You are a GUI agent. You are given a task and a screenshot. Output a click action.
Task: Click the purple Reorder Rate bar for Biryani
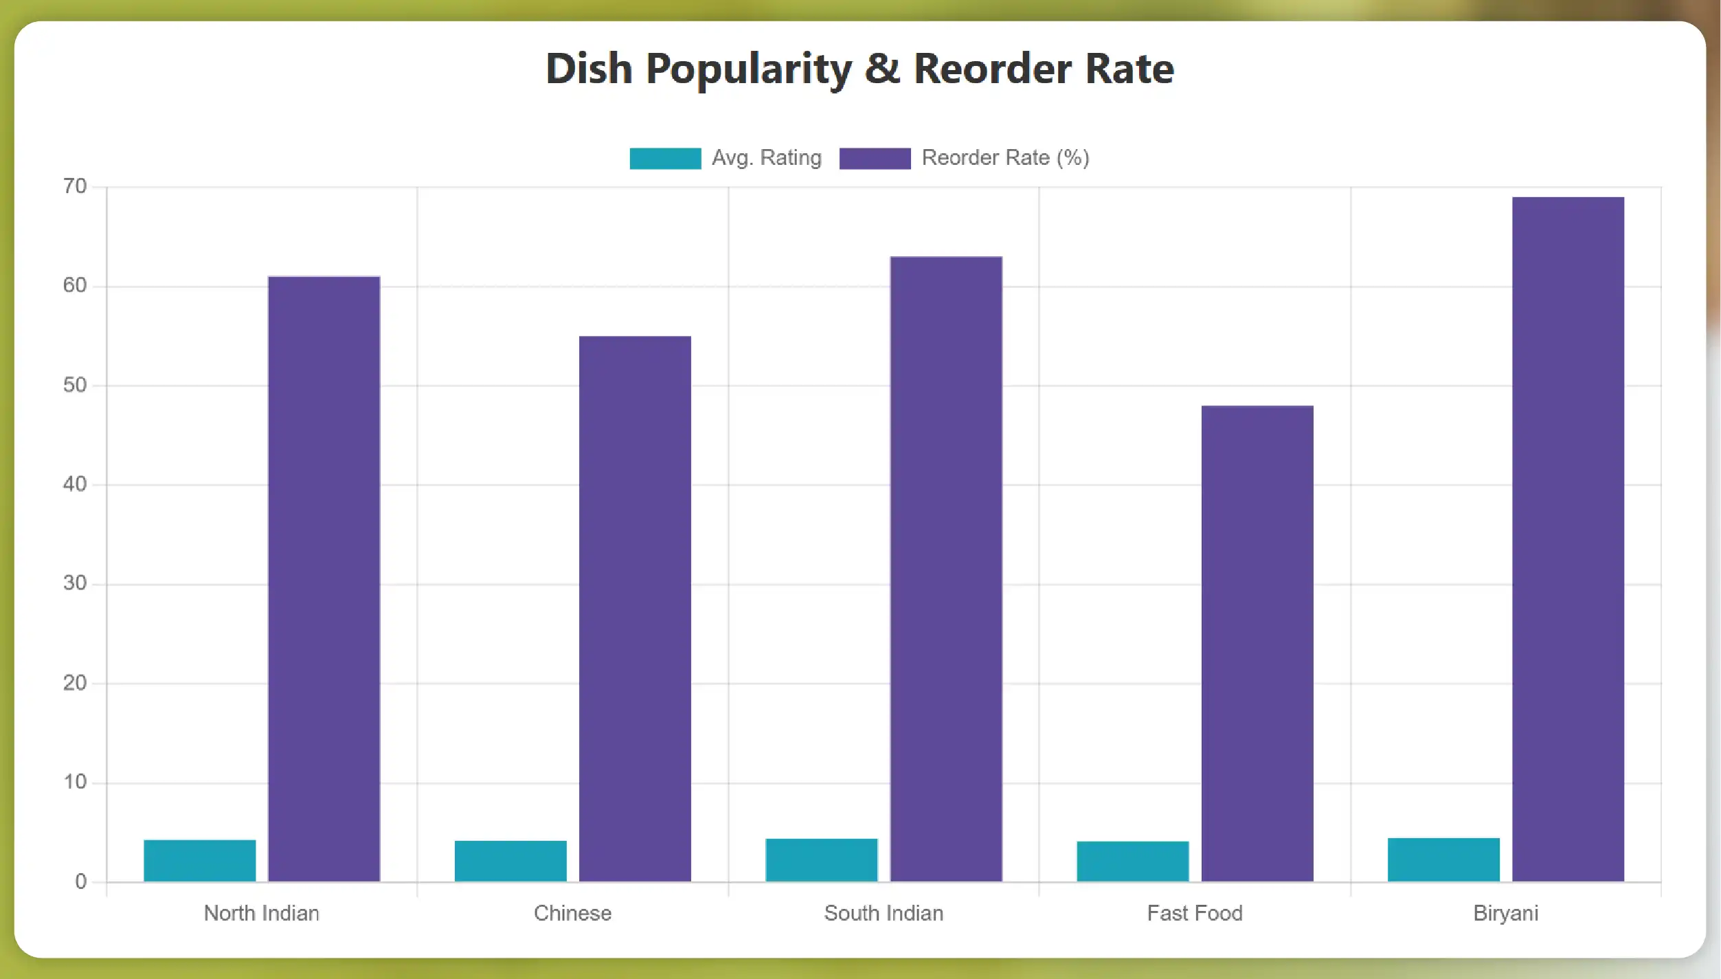1568,539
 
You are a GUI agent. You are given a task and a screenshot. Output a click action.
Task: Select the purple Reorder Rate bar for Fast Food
1257,643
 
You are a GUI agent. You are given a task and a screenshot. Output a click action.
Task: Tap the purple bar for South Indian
946,569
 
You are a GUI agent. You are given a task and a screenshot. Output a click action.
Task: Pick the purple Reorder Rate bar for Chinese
635,609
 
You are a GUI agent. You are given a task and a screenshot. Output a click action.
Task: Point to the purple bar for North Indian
324,578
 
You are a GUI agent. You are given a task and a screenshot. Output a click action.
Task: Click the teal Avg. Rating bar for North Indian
199,860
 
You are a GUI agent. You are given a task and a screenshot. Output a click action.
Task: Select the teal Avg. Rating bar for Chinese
510,861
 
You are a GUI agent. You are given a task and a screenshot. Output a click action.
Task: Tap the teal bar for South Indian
821,859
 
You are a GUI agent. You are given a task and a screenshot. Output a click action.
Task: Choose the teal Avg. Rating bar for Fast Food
1132,861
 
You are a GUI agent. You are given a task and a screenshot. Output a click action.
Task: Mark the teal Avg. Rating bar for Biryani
1443,859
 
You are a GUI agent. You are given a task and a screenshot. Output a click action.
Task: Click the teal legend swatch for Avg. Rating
665,158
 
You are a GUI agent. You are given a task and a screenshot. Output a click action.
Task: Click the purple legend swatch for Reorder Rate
875,158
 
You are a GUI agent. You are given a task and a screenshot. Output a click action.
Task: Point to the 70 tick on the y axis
75,186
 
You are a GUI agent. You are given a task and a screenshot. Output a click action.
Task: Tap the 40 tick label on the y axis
75,484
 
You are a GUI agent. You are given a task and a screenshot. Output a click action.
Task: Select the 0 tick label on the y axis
80,881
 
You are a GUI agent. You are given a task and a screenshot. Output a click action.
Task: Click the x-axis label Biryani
1505,913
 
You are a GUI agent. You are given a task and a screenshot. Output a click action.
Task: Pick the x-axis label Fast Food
1195,913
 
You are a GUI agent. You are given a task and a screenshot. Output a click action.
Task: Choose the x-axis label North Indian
261,913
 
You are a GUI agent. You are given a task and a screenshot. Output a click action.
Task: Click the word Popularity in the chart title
748,70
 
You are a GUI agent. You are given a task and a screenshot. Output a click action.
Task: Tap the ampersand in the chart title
882,69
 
